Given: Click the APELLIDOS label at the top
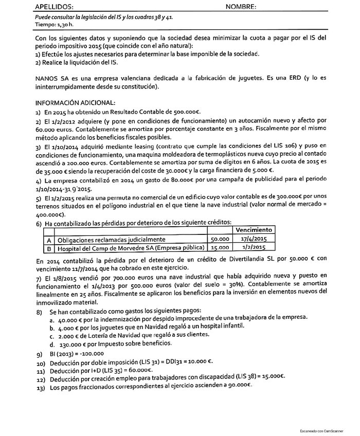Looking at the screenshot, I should (x=54, y=7).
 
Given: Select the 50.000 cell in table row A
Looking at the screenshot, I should (x=221, y=239).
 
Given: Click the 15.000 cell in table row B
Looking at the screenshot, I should (x=221, y=248).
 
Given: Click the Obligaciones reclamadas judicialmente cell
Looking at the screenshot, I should (x=111, y=240).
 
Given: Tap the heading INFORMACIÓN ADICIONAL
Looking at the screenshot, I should (x=75, y=102).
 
